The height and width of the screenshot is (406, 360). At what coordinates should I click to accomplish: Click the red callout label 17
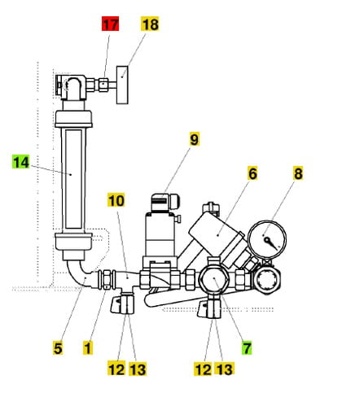pos(110,24)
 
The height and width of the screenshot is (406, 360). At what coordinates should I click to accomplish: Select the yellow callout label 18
pos(150,24)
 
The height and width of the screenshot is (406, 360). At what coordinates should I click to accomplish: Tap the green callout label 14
pos(20,162)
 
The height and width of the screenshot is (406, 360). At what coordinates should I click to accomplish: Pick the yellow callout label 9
pos(194,139)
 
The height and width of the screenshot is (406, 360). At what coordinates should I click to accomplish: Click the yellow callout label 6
pos(252,173)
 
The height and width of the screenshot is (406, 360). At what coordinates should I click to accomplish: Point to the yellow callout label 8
pos(298,173)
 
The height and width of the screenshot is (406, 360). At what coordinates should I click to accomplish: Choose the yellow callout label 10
pos(116,200)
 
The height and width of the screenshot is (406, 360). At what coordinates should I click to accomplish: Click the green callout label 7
pos(247,347)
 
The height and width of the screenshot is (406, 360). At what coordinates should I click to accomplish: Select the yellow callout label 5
pos(58,347)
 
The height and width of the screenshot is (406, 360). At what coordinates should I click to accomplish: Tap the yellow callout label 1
pos(88,347)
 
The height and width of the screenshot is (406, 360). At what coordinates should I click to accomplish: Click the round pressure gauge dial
pos(267,240)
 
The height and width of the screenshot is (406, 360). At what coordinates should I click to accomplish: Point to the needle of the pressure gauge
pos(271,243)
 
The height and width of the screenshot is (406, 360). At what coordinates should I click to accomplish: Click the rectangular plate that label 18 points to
pos(122,85)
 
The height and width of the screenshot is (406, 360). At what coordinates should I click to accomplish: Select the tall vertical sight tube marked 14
pos(73,179)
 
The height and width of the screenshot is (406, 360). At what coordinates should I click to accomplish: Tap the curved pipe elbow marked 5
pos(80,274)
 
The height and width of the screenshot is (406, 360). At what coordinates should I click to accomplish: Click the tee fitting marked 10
pos(127,279)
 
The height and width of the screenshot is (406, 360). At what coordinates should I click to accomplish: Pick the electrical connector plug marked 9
pos(165,203)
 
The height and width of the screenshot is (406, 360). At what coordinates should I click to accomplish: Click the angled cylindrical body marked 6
pos(217,234)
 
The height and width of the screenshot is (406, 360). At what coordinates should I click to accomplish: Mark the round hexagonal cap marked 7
pos(214,279)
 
